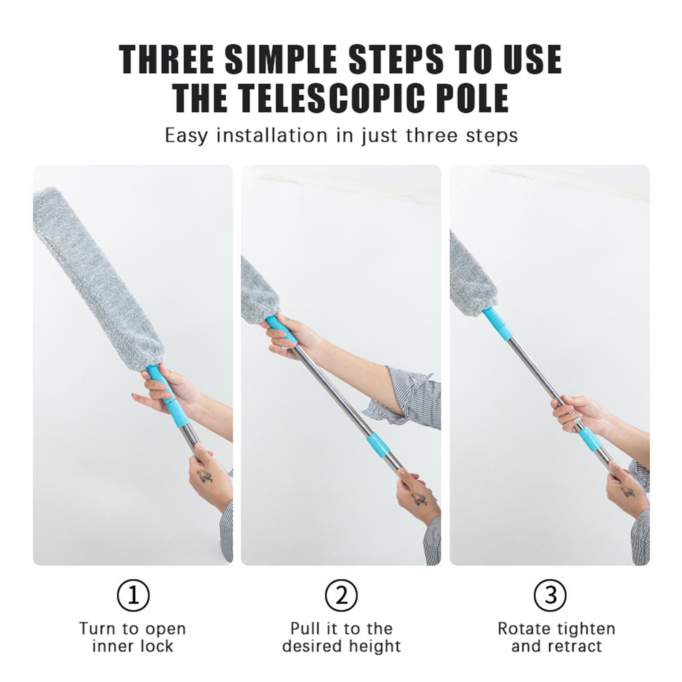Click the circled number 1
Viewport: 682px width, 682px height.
coord(133,595)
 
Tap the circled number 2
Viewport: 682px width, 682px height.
coord(341,595)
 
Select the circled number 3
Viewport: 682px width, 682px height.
coord(550,595)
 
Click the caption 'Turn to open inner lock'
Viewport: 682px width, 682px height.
coord(133,637)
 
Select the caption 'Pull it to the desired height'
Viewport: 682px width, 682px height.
coord(341,637)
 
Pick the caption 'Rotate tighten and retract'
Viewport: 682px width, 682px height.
coord(557,637)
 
